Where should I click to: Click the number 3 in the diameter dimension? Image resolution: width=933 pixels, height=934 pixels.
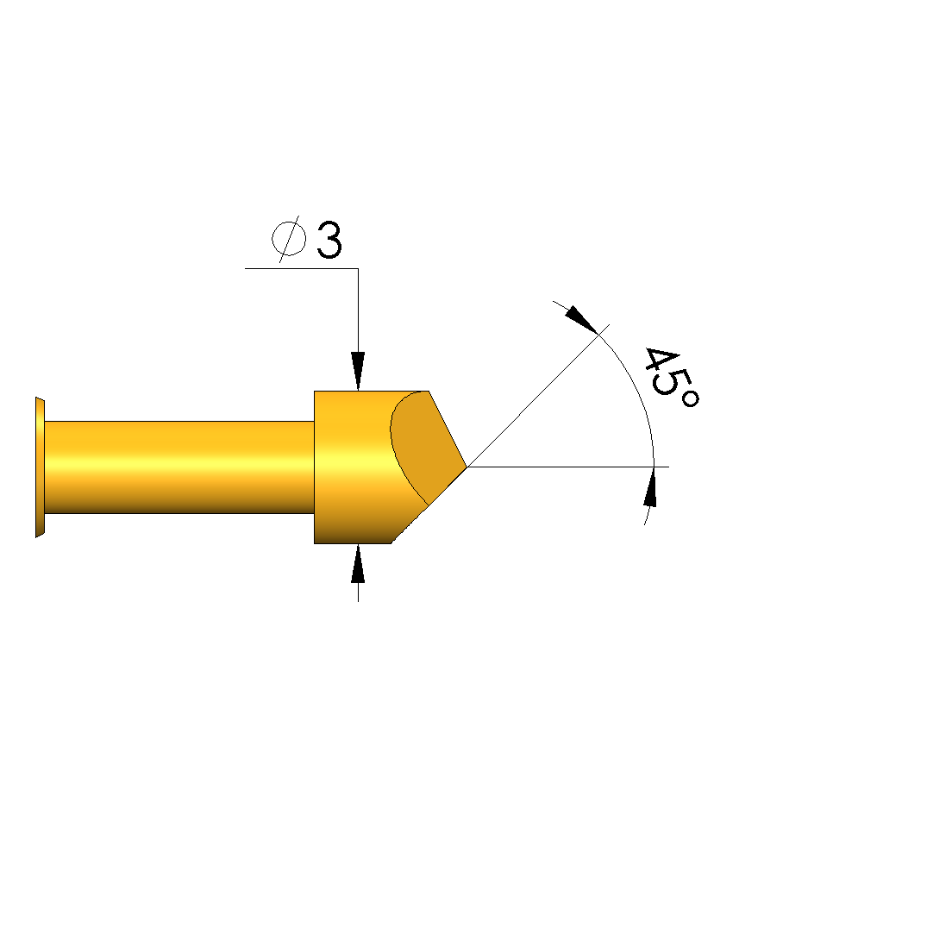click(x=329, y=240)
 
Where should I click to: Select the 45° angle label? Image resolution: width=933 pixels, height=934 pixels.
click(x=671, y=377)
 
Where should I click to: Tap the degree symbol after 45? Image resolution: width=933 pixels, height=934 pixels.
click(x=690, y=398)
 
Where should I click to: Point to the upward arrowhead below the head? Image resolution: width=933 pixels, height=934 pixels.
click(x=358, y=563)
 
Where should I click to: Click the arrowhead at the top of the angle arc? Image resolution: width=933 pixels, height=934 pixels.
click(x=581, y=319)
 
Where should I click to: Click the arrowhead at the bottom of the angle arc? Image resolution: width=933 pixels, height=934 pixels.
click(x=651, y=487)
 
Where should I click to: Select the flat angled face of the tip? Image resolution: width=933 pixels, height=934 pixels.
click(x=427, y=448)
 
